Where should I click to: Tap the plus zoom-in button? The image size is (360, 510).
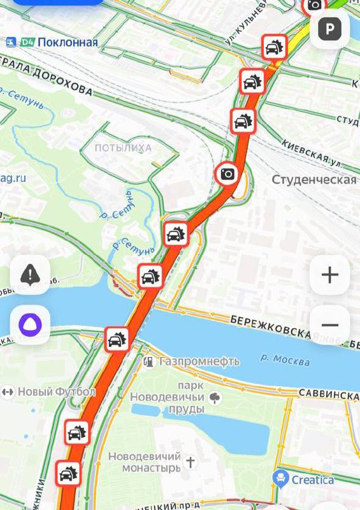(329, 275)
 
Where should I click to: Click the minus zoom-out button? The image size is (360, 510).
(329, 325)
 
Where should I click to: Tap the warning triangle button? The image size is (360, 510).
(30, 275)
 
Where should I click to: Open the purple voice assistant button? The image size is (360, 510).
(30, 325)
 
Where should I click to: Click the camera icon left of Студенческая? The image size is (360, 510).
(228, 173)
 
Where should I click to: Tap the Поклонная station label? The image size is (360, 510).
(68, 43)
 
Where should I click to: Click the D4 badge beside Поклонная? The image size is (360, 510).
(27, 43)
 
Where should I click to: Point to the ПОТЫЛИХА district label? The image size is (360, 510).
(123, 148)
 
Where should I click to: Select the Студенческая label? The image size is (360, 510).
(314, 179)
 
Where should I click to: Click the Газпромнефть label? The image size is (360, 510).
(199, 361)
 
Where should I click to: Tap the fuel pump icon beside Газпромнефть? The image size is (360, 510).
(148, 361)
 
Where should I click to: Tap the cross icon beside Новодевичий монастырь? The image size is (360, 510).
(190, 458)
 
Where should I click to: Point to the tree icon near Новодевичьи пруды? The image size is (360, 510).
(215, 398)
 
